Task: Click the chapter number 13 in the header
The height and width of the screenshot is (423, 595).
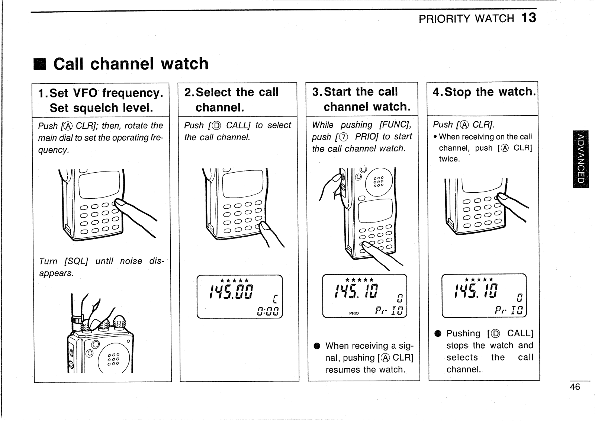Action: point(529,18)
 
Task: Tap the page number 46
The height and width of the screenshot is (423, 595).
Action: point(575,387)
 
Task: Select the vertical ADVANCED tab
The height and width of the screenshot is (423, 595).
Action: point(580,159)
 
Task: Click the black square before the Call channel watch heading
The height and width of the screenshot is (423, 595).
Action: point(40,64)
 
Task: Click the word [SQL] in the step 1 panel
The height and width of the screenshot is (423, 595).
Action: point(76,262)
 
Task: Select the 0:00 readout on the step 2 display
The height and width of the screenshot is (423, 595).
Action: point(267,311)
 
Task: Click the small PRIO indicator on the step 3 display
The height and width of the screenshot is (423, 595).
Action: point(354,313)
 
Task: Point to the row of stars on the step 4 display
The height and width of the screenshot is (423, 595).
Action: point(479,279)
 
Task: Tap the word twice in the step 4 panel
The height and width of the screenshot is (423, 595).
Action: point(449,159)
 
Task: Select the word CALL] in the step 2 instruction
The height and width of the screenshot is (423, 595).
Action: point(238,125)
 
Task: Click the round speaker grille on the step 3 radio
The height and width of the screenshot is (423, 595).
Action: point(379,182)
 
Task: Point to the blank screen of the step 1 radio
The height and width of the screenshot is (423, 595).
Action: point(99,185)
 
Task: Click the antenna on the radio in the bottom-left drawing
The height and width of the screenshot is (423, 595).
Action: point(72,305)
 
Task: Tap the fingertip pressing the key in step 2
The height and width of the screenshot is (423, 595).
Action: point(264,226)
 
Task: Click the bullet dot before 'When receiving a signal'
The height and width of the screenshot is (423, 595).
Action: point(316,346)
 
